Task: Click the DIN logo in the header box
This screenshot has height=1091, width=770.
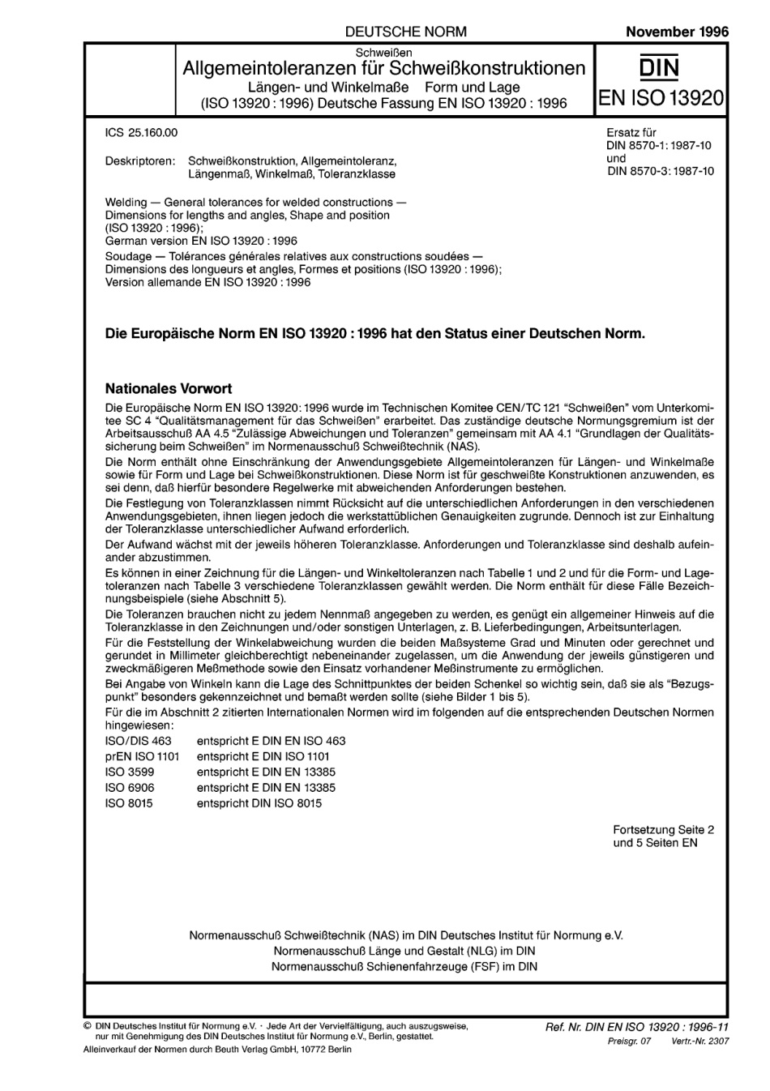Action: [659, 67]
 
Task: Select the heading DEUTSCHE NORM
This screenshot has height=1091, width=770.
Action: [405, 32]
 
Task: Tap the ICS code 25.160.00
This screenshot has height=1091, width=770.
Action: [142, 132]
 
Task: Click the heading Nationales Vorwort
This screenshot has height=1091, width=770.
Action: [169, 389]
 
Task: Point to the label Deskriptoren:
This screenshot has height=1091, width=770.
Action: [140, 161]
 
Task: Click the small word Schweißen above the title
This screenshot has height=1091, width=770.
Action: [384, 52]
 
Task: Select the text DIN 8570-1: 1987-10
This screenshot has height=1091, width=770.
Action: [660, 145]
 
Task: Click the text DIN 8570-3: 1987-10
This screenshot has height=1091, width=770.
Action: [660, 171]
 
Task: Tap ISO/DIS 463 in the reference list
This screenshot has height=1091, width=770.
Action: [139, 741]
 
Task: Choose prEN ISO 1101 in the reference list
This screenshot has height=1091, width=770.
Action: [143, 756]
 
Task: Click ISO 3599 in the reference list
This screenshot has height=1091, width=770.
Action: [130, 772]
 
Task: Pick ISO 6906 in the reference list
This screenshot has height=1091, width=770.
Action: [130, 787]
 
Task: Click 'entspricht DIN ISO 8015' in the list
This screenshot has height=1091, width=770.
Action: [259, 803]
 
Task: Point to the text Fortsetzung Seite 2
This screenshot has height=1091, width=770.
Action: [663, 830]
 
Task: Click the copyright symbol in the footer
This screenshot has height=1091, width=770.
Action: [88, 1026]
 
